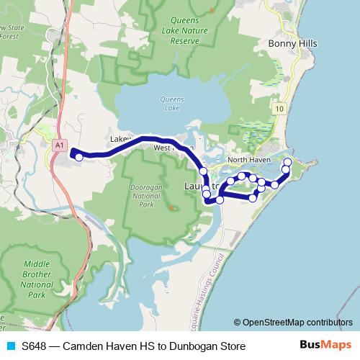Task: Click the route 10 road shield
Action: tap(279, 107)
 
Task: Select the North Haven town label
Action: tap(248, 159)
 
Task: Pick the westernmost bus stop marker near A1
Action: tap(78, 156)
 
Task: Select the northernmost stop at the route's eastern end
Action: tap(287, 161)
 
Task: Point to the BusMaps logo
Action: tap(325, 346)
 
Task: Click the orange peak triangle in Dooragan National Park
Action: tap(171, 208)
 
